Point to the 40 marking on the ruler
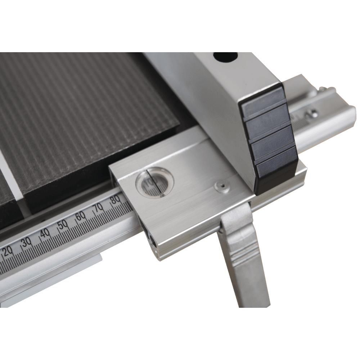[x=45, y=234]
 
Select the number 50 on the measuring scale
[x=63, y=225]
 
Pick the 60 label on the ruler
[x=81, y=216]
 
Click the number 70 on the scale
[x=98, y=208]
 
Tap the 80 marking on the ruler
[x=115, y=199]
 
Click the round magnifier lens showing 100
[x=154, y=182]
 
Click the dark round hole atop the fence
[x=225, y=57]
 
